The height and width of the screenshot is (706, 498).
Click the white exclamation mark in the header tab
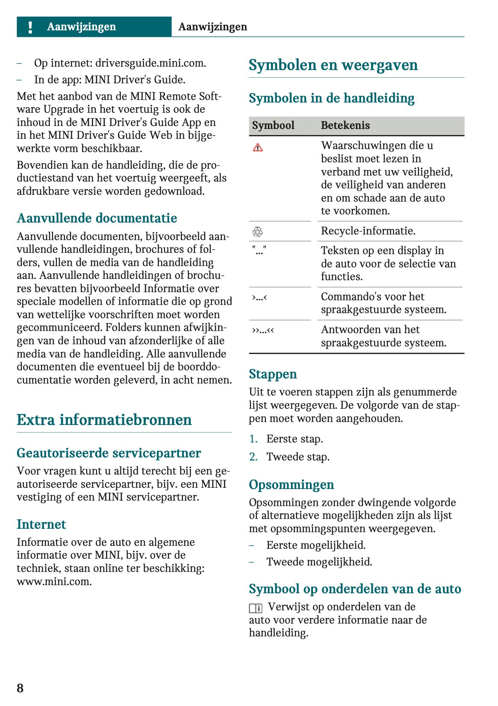pos(30,27)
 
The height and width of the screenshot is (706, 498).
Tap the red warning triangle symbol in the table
pos(258,148)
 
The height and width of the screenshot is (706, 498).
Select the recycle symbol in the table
pos(257,232)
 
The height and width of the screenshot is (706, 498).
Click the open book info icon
pos(256,608)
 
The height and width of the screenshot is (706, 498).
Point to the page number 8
pos(20,688)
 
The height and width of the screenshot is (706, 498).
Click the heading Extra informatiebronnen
pos(104,420)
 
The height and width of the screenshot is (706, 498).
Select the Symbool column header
pos(273,126)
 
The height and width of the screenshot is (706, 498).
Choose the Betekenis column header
pos(345,126)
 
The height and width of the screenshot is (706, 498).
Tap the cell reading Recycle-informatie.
pos(368,231)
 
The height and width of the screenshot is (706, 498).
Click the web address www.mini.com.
pos(54,582)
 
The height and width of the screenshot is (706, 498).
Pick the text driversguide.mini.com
pos(150,63)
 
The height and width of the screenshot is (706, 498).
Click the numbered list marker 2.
pos(253,457)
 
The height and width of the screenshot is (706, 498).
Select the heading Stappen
pos(273,374)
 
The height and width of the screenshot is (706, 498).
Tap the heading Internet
pos(41,524)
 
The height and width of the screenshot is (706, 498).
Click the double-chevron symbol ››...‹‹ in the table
pos(263,330)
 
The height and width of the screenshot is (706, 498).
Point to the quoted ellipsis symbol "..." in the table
pos(259,250)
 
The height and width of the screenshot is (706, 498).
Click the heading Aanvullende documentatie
pos(97,218)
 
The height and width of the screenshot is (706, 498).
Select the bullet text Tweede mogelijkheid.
pos(319,562)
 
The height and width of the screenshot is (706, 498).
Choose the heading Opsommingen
pos(292,485)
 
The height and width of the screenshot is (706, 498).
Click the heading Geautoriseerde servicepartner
pos(109,453)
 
